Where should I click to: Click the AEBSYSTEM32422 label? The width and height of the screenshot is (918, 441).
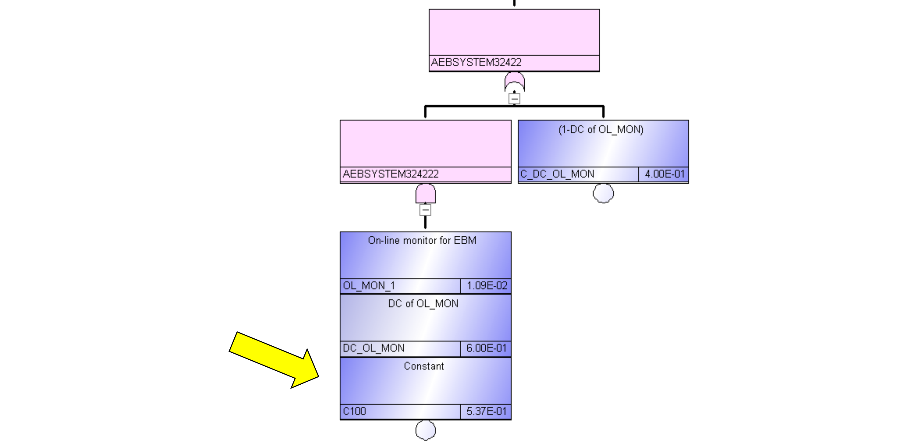[476, 62]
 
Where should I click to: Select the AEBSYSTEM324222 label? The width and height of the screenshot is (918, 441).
[391, 174]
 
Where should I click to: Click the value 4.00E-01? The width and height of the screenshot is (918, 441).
[665, 174]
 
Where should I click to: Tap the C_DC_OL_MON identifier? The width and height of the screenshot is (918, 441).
[557, 174]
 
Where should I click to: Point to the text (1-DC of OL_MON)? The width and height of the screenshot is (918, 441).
[601, 129]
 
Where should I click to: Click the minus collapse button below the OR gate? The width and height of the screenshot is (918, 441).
[514, 98]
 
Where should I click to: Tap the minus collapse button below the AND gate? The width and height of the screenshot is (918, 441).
[425, 210]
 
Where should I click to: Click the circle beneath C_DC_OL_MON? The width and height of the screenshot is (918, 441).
[603, 193]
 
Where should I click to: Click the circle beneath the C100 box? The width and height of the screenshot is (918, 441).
[426, 430]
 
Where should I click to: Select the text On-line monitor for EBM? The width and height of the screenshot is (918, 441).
[422, 240]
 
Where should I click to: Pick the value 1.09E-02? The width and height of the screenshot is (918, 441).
[487, 286]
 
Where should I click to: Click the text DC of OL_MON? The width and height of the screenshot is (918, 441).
[423, 304]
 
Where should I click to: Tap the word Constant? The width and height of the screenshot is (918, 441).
[424, 366]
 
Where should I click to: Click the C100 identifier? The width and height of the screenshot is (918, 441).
[354, 411]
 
